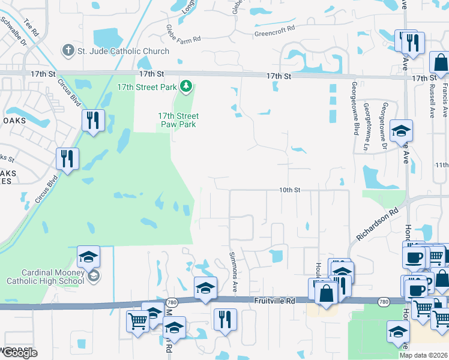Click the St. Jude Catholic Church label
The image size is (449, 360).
123,52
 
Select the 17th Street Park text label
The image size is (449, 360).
146,87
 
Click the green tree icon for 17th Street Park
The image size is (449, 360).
186,87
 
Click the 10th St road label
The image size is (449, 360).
289,190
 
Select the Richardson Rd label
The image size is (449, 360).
377,224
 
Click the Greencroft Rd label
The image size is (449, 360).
275,28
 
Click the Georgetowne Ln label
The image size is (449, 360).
366,126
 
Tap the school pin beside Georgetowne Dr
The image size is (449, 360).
401,131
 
